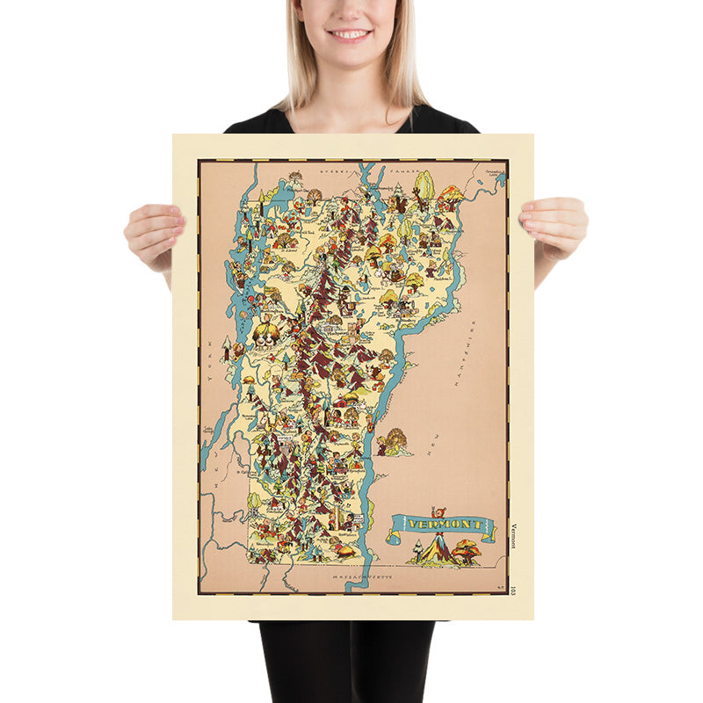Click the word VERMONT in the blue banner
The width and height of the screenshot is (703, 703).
tap(440, 525)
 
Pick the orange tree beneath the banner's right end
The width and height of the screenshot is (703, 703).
tap(467, 550)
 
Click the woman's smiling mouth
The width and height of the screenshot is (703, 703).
tap(349, 34)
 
